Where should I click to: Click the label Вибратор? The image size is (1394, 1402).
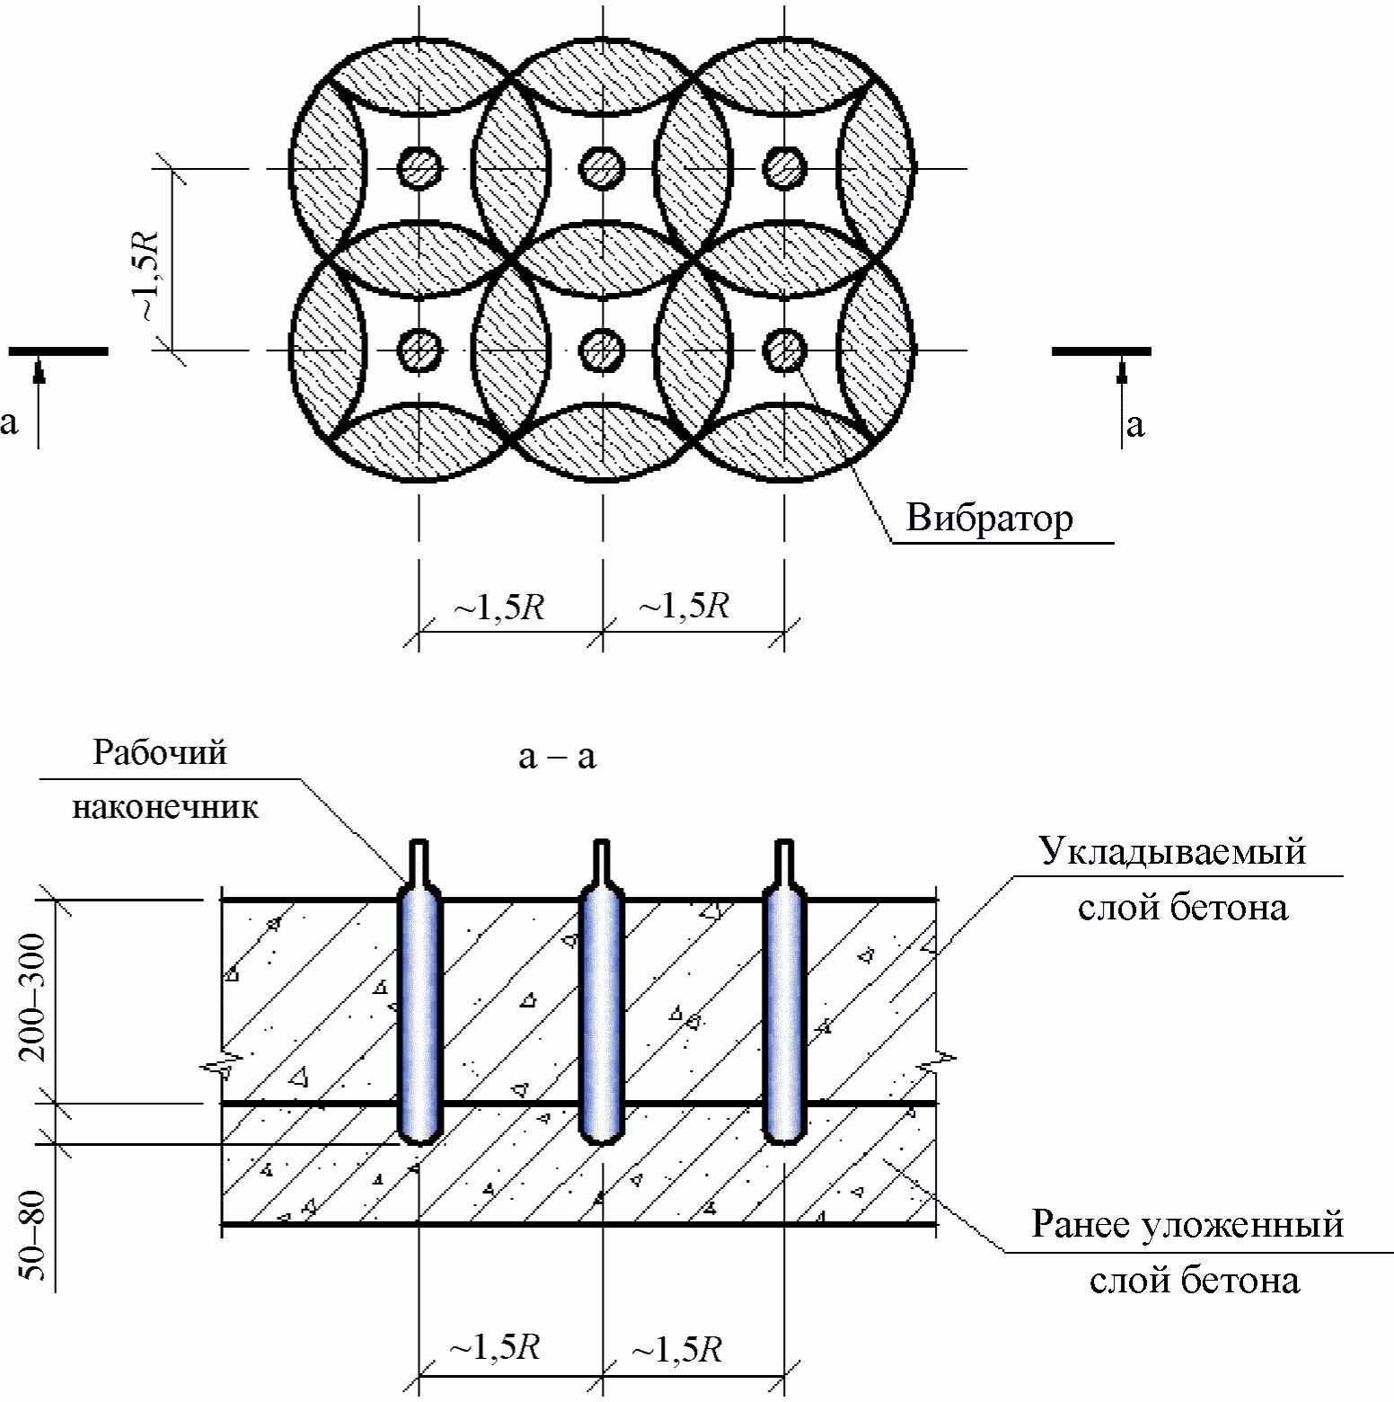[x=989, y=519]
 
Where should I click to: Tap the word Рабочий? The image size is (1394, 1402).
[x=161, y=751]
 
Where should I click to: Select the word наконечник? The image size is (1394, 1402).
[x=165, y=806]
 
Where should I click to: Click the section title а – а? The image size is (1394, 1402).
[x=557, y=757]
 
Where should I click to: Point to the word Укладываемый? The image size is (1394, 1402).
[x=1173, y=850]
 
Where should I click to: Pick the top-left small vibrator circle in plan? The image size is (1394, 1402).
[x=419, y=168]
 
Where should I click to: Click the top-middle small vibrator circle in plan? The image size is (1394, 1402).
[x=602, y=168]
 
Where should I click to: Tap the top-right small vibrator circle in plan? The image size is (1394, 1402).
[x=785, y=168]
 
